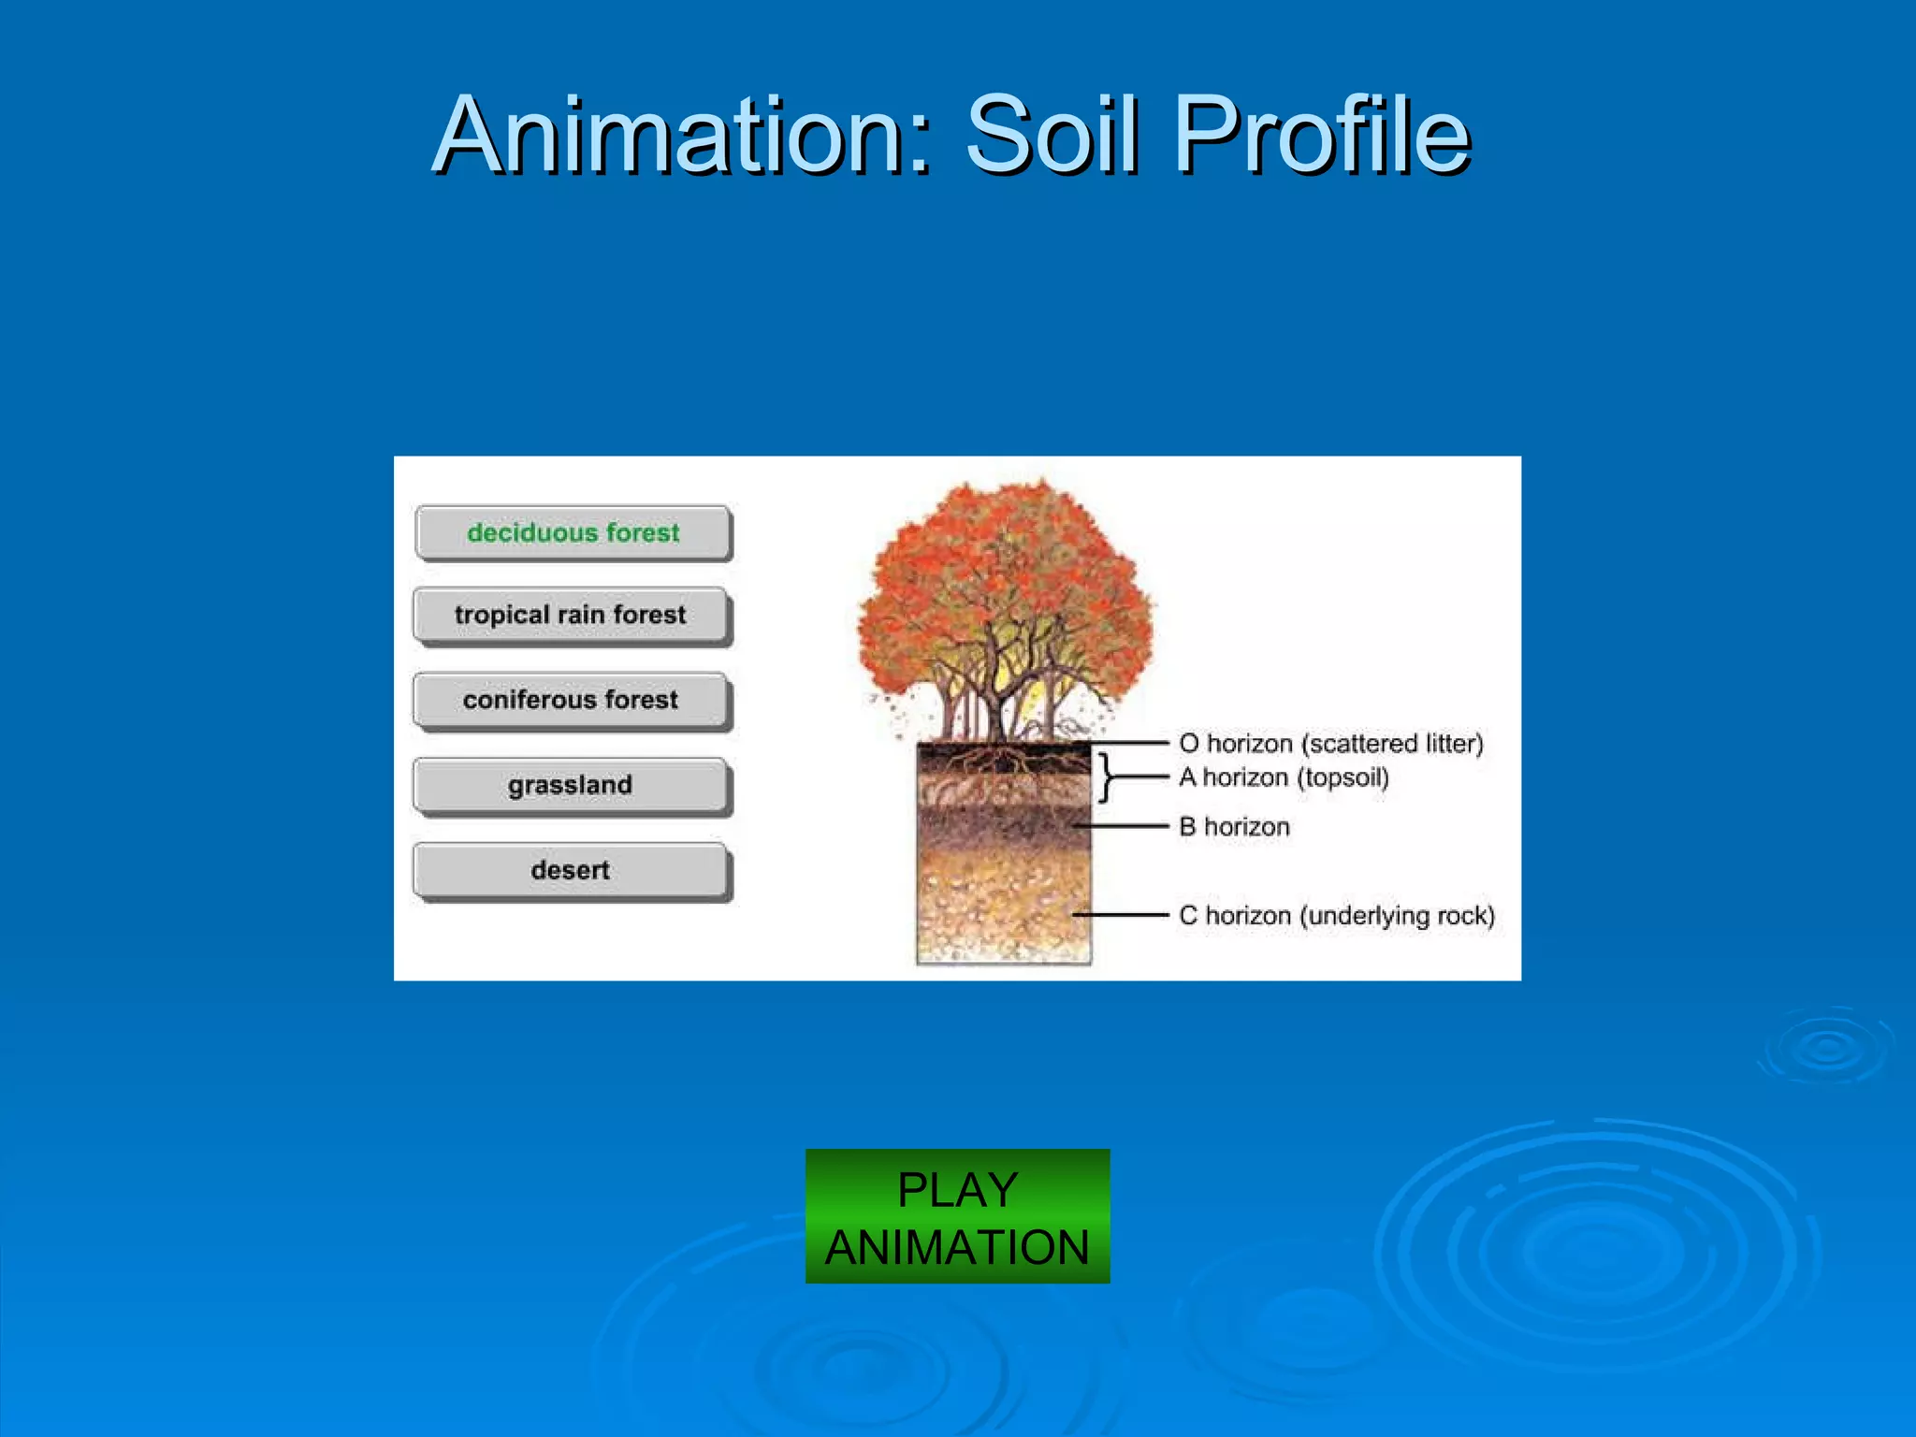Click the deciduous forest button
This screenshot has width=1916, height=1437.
[573, 532]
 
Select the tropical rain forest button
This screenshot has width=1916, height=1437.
[571, 615]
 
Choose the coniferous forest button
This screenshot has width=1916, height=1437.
[571, 700]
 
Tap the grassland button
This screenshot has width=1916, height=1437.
[571, 785]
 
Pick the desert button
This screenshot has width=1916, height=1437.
[571, 870]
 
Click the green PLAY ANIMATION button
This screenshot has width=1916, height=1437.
[957, 1216]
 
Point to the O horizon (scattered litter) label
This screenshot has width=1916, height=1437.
[1330, 744]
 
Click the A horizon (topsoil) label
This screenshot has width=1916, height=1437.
[1284, 777]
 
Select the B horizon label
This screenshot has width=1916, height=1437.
[1234, 827]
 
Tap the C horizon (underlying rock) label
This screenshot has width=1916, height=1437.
[1336, 915]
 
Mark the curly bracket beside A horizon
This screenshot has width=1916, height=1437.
[1107, 777]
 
